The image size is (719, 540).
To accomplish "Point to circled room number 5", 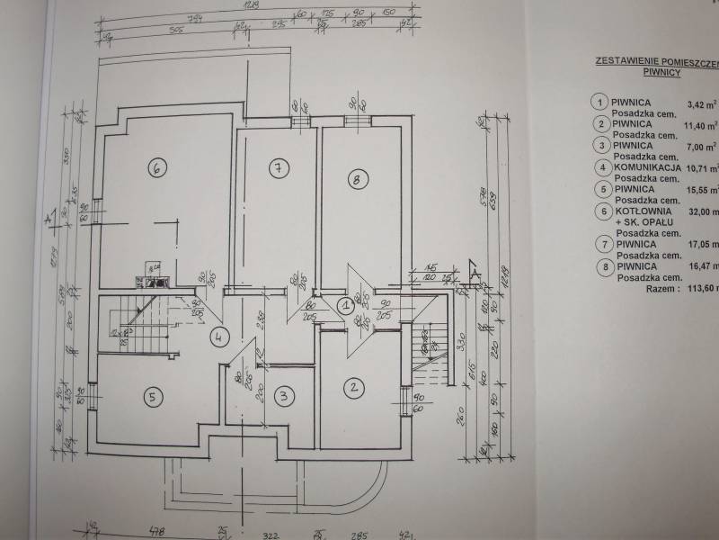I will tap(153, 394).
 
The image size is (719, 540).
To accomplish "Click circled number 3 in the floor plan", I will tap(283, 394).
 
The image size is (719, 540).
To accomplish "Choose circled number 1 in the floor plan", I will tap(345, 305).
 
